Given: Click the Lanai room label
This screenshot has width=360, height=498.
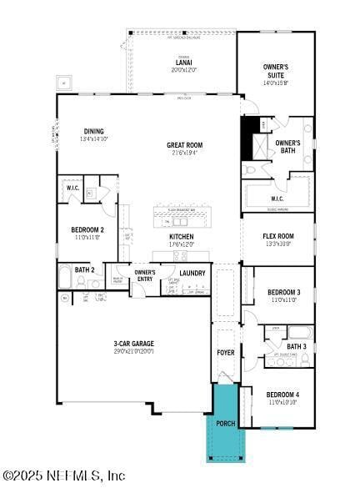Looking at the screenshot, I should pos(184,62).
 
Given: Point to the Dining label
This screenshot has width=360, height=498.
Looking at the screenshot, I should pos(94,131).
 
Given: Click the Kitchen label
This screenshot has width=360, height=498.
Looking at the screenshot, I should pos(182,236).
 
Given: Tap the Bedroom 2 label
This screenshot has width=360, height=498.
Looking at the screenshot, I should pos(87,229).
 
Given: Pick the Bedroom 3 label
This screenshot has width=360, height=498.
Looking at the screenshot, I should pos(283,292).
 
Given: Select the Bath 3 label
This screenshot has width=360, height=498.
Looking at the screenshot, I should pos(297,346).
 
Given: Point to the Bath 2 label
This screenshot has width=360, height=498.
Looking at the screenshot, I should pos(84,269).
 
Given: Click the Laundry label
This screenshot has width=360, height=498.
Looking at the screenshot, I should pos(192,273).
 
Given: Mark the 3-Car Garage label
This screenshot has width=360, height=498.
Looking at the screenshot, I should pos(133,343).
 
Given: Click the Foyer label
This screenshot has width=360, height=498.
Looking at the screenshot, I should pos(226,352).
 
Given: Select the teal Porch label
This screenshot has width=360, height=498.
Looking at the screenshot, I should pos(226,423).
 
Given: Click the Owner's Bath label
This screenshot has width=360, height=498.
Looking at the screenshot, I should pos(287,147).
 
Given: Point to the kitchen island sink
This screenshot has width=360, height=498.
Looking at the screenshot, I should pos(179,221).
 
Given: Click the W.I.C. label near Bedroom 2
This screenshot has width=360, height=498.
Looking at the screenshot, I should pos(72,189).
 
